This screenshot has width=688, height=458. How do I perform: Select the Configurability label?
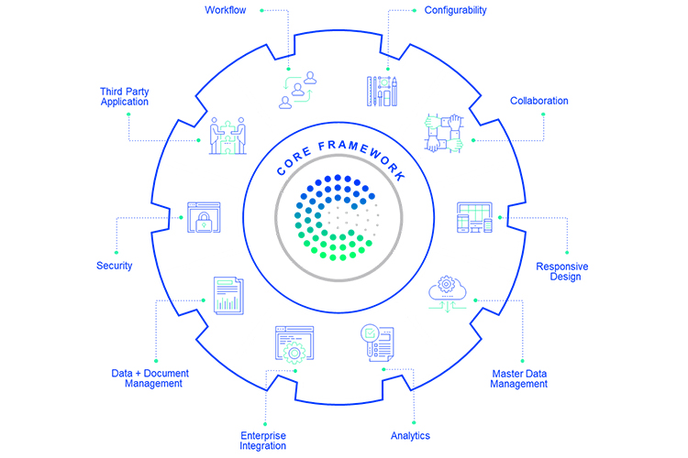[x=455, y=10]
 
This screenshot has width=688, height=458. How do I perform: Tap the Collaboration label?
[x=538, y=101]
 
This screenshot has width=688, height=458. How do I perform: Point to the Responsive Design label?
[x=561, y=272]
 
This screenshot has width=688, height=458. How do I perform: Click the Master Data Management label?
[x=518, y=378]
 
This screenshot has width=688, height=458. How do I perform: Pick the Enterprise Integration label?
[x=263, y=441]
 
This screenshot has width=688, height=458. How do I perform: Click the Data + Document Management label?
[x=147, y=377]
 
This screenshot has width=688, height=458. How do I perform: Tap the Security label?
[x=115, y=266]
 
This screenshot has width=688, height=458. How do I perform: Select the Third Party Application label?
[x=125, y=95]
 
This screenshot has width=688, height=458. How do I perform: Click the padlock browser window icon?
[x=203, y=218]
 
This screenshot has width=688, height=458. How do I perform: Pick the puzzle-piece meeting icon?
[x=226, y=136]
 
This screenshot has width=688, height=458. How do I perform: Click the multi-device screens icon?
[x=476, y=220]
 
